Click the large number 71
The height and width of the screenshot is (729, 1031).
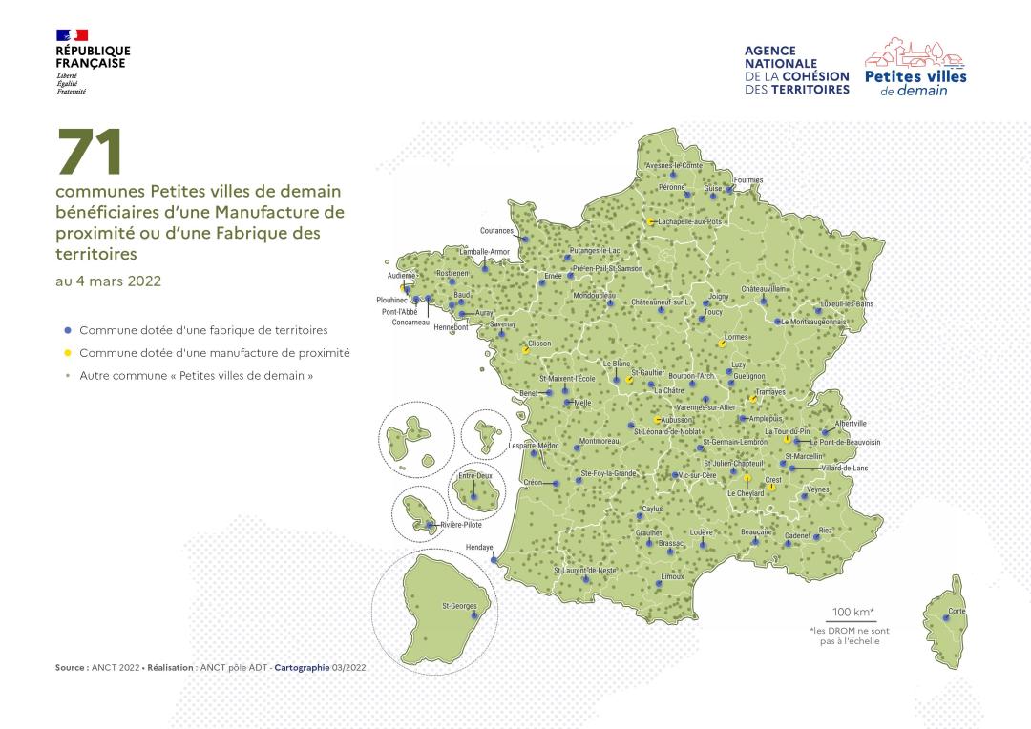91,153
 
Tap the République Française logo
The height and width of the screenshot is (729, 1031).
93,61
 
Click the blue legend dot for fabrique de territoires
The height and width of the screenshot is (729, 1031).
67,330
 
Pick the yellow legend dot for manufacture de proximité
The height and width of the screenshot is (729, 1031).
67,353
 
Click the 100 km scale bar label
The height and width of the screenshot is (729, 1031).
853,612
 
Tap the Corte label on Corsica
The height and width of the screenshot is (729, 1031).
957,610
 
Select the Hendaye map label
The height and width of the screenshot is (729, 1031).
479,548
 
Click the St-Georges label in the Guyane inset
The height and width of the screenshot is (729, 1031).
459,606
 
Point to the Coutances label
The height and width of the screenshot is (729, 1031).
497,231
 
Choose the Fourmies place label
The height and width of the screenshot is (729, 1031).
748,179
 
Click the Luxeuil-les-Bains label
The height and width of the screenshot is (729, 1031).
847,304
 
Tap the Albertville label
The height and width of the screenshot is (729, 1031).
851,423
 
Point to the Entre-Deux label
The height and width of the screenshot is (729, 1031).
474,474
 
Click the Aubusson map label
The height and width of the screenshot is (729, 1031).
676,420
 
